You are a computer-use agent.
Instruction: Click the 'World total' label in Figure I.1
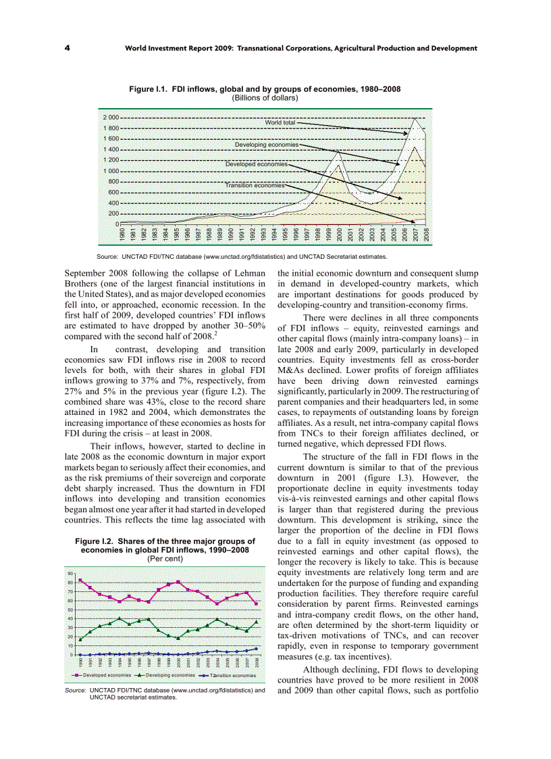(x=280, y=122)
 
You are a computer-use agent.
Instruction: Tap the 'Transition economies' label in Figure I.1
(x=255, y=185)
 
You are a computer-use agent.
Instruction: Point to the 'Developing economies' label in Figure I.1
(x=266, y=145)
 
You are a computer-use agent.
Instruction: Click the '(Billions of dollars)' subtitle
(x=265, y=97)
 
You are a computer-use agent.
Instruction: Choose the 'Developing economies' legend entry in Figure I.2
(x=164, y=675)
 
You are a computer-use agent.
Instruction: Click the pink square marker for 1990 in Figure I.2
(x=80, y=580)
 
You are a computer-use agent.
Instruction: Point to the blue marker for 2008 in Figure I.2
(x=256, y=648)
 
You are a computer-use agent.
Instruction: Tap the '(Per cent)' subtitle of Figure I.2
(x=165, y=558)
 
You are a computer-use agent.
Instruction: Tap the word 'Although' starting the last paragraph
(x=321, y=669)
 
